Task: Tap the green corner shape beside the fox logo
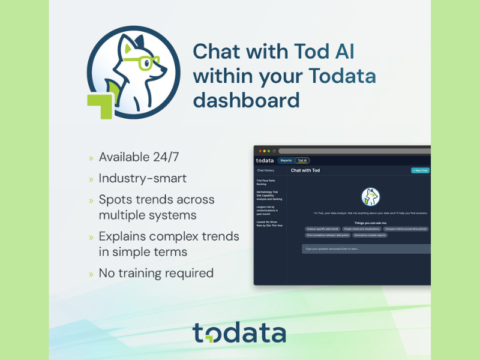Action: pos(100,106)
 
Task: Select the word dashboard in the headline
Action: pos(246,100)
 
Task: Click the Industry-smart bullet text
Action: pos(143,178)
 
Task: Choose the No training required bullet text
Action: pos(156,273)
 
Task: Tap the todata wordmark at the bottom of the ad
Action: pos(239,333)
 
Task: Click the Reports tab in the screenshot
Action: pos(286,160)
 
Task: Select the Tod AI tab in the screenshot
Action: pos(302,160)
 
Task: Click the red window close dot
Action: pos(260,151)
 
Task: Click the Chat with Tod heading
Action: pos(305,170)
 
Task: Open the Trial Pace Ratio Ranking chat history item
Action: pos(265,182)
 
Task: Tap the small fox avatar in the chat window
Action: pos(370,196)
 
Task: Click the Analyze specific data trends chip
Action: pos(323,229)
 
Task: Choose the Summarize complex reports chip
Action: pos(370,235)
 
